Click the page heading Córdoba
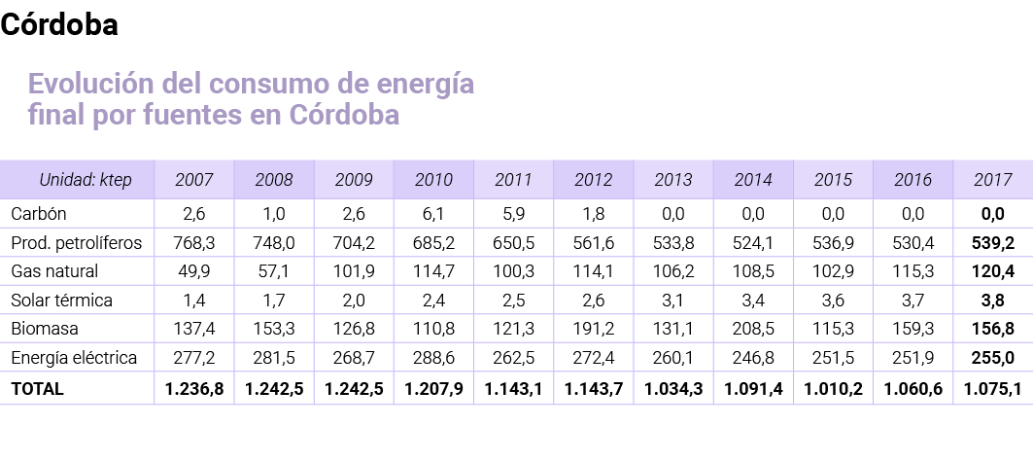(59, 26)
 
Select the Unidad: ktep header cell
(85, 180)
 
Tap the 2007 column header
(194, 180)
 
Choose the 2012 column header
(594, 180)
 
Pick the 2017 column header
(992, 180)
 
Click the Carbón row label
(38, 213)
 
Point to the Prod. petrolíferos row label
(76, 242)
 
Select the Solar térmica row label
(61, 301)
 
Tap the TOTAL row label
(37, 389)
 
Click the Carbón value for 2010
(434, 213)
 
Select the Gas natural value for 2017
(992, 271)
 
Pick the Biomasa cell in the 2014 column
(753, 330)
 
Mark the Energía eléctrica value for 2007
(194, 359)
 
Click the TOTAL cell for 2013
(673, 389)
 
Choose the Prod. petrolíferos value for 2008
(274, 242)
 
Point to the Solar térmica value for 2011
(514, 301)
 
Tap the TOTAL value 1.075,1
(992, 389)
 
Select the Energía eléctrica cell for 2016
(912, 359)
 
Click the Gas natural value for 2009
(354, 271)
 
